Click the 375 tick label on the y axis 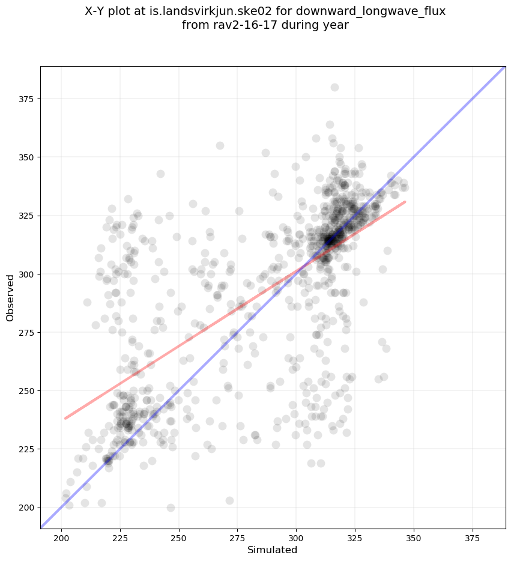click(x=28, y=99)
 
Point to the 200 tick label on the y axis click(x=28, y=508)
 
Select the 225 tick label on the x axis click(x=120, y=537)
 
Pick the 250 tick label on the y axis click(x=28, y=390)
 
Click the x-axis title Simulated click(x=273, y=550)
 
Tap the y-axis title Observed click(x=10, y=297)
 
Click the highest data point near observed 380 click(x=334, y=87)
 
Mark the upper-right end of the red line click(x=405, y=202)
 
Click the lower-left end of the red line click(x=65, y=418)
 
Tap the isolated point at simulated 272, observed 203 click(x=229, y=500)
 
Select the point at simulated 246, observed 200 click(x=171, y=508)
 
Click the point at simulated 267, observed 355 click(x=220, y=145)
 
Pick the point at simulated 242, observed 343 click(x=160, y=174)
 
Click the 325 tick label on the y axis click(x=28, y=215)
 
